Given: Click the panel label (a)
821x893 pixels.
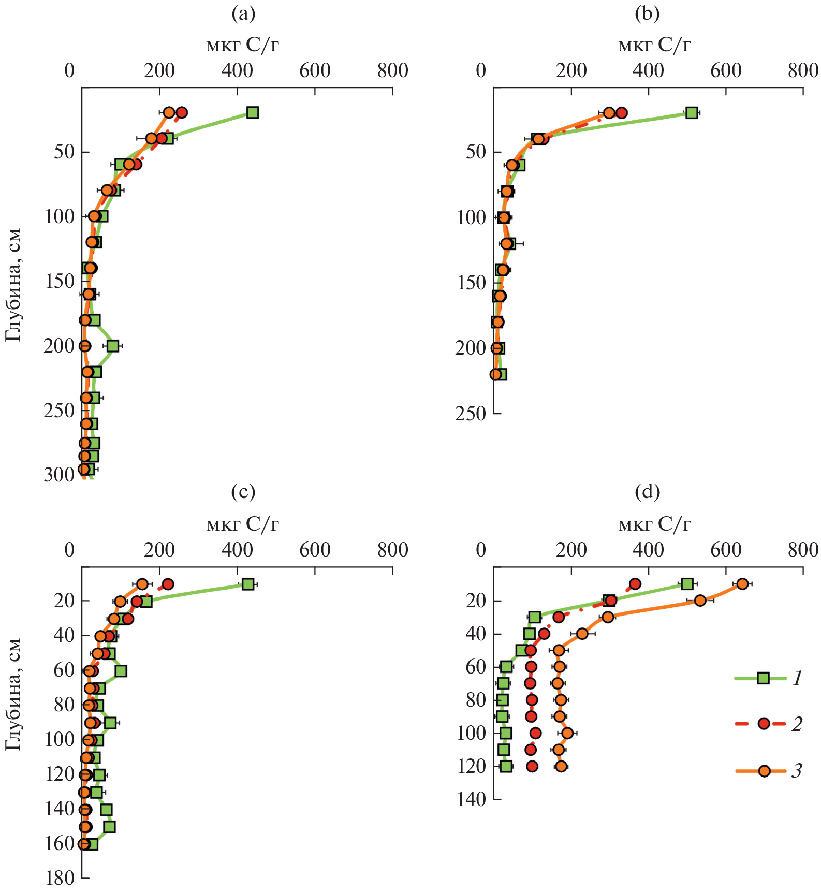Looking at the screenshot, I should [x=243, y=14].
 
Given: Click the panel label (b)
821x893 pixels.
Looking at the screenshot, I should [x=647, y=14].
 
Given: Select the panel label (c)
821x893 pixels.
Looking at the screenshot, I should [x=243, y=491].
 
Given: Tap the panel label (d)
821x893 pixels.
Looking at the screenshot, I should [x=647, y=491].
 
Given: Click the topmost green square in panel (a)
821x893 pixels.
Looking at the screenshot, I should [x=253, y=112].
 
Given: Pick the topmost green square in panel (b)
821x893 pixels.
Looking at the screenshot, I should [x=692, y=113].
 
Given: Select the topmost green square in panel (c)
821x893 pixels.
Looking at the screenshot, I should [x=247, y=584].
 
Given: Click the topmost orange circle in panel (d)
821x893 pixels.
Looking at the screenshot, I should [x=742, y=584].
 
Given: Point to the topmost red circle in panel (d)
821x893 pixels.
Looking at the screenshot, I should [x=635, y=584].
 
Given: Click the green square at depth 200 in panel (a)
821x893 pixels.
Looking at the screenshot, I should [x=113, y=346].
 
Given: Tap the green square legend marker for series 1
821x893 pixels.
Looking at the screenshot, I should [x=764, y=678].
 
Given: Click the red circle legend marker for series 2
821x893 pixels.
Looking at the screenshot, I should [x=764, y=724].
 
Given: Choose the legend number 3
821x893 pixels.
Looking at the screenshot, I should [x=797, y=771].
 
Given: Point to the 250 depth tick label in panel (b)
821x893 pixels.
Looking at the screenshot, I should [x=471, y=414].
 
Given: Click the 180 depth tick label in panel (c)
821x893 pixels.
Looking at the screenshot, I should [x=60, y=878].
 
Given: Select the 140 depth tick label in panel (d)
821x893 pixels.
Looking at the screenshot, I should [x=471, y=800].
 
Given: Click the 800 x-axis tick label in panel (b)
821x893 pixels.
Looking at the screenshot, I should [x=803, y=70].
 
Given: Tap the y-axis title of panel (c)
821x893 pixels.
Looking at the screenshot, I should [x=13, y=694].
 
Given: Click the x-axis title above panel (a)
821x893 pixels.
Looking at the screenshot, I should [x=243, y=46].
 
